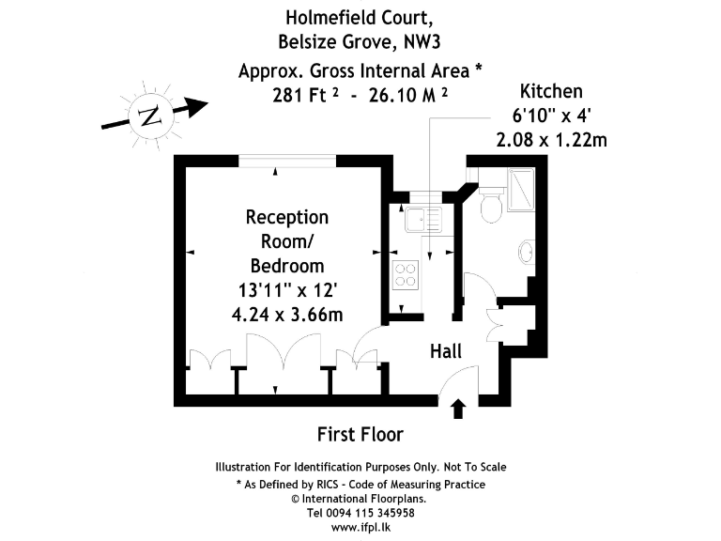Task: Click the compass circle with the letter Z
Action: coord(149,116)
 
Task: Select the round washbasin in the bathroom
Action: coord(526,253)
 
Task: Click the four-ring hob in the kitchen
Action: coord(406,274)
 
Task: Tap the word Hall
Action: coord(446,351)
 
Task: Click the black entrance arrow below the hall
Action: coord(459,408)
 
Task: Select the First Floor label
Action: coord(360,434)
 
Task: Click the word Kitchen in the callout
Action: coord(551,91)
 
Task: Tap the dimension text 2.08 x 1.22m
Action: coord(551,140)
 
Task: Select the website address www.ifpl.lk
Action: coord(360,529)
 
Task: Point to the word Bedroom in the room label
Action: coord(287,265)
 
